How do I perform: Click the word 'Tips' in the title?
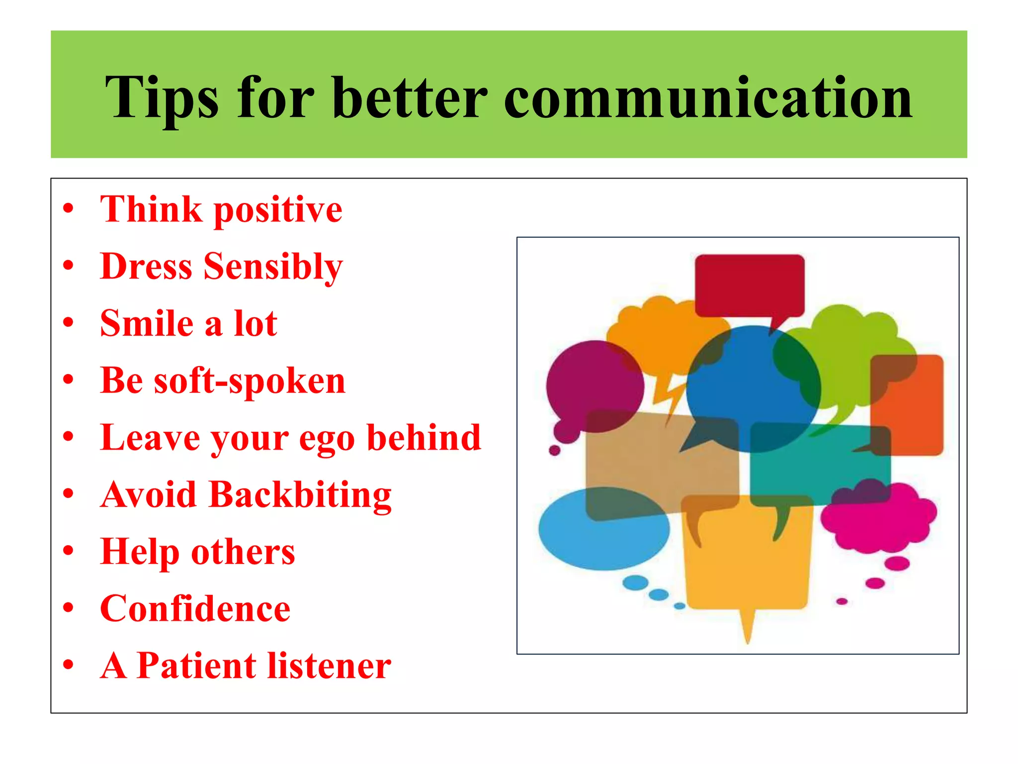point(162,98)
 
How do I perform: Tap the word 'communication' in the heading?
point(708,98)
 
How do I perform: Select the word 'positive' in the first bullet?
point(278,210)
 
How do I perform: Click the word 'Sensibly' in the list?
point(273,267)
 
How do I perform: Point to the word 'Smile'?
point(147,324)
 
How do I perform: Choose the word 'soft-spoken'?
point(250,382)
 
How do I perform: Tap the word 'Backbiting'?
point(300,495)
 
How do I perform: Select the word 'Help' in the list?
point(140,552)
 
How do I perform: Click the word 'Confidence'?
point(195,609)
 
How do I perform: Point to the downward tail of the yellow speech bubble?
point(747,627)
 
